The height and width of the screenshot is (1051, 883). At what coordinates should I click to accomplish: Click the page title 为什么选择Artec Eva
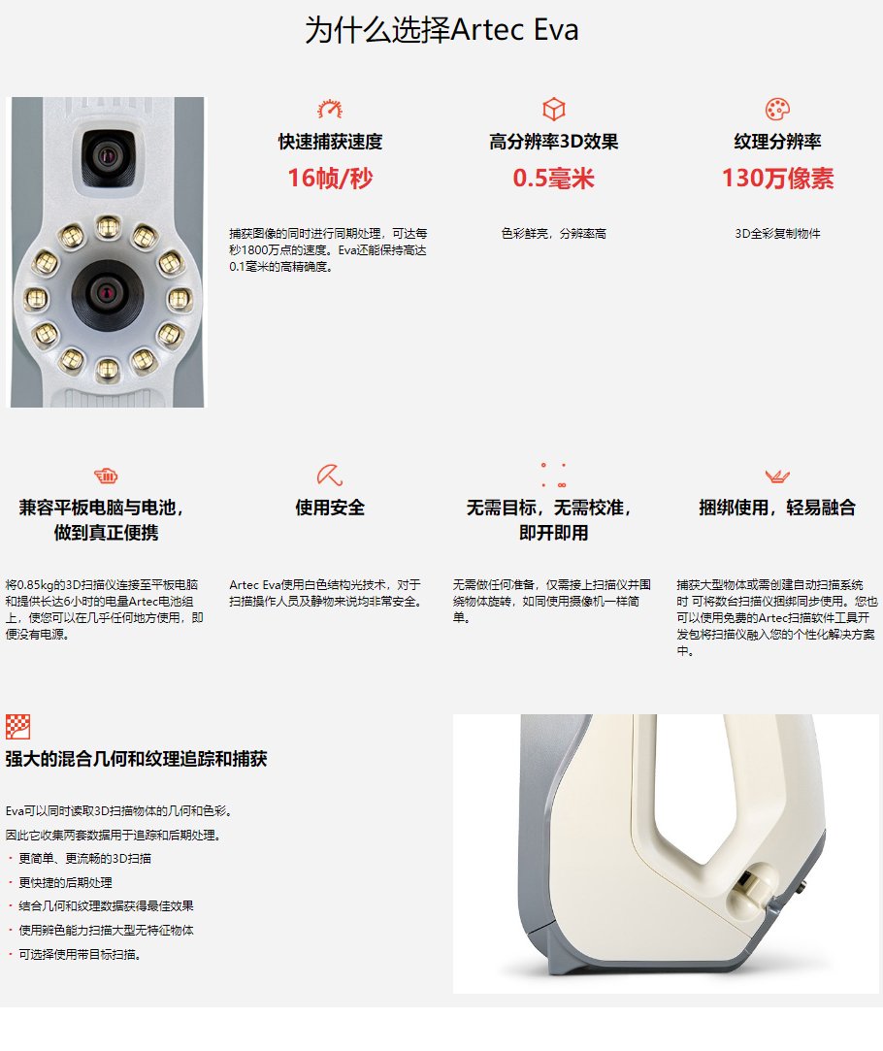[441, 30]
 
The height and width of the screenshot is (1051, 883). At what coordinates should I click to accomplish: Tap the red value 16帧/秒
[330, 179]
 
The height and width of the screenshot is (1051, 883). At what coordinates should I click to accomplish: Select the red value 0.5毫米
[553, 179]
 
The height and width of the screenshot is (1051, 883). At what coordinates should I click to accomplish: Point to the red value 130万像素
[777, 179]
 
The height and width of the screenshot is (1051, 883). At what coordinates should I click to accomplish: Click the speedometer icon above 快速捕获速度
[330, 109]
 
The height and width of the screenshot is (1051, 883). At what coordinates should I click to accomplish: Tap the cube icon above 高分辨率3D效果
[553, 109]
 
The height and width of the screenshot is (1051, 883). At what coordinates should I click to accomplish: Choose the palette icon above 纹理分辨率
[777, 109]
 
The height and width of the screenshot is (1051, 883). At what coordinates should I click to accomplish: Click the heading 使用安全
[330, 508]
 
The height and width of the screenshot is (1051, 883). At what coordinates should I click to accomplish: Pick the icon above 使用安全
[330, 476]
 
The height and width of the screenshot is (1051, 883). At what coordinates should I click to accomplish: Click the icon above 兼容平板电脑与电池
[106, 476]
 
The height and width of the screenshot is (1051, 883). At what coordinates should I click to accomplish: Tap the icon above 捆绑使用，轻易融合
[777, 476]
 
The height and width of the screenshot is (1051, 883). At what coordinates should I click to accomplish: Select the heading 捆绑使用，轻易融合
[777, 508]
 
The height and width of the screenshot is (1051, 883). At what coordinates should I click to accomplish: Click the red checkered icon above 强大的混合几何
[18, 727]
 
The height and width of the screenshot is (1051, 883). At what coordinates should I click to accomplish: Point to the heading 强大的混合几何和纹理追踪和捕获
[136, 759]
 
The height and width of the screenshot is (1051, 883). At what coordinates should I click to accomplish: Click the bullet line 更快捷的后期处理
[65, 883]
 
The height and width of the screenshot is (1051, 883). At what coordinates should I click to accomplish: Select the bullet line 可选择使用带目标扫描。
[80, 955]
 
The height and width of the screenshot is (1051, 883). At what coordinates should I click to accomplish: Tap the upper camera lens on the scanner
[107, 157]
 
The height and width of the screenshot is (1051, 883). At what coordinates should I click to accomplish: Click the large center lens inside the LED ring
[107, 294]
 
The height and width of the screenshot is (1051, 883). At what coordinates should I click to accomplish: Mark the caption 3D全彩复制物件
[777, 234]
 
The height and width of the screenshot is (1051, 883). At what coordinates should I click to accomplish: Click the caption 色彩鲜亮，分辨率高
[553, 234]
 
